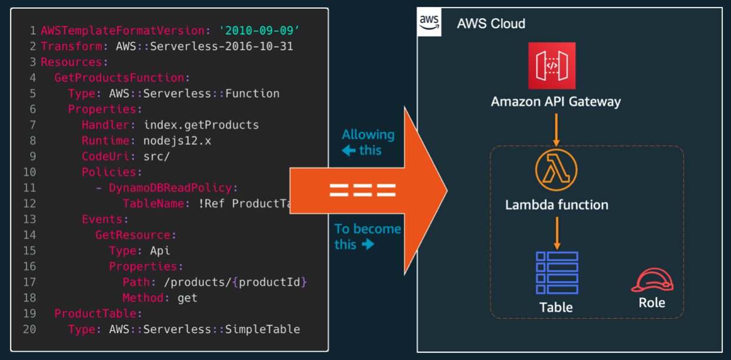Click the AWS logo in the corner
pyautogui.click(x=429, y=22)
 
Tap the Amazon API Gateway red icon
pyautogui.click(x=552, y=65)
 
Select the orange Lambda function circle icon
pyautogui.click(x=556, y=170)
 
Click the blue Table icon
pyautogui.click(x=557, y=273)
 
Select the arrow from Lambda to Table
pyautogui.click(x=556, y=233)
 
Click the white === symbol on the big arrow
pyautogui.click(x=362, y=190)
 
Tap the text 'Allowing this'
pyautogui.click(x=367, y=142)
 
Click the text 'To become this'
pyautogui.click(x=367, y=236)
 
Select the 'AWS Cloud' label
pyautogui.click(x=490, y=24)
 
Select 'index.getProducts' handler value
pyautogui.click(x=201, y=125)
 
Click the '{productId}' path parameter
pyautogui.click(x=269, y=282)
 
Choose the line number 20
pyautogui.click(x=29, y=329)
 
